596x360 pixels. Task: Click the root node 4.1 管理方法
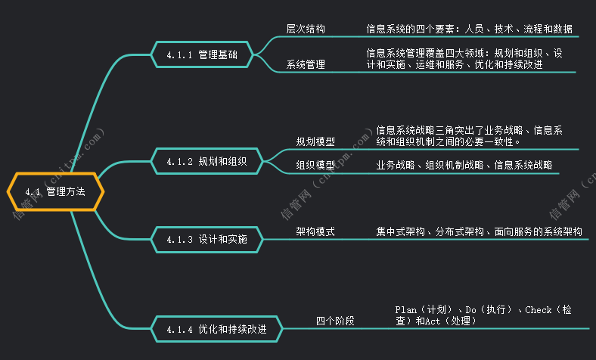click(54, 192)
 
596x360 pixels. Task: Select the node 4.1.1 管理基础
click(202, 55)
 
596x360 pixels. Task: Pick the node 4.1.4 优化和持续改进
click(216, 330)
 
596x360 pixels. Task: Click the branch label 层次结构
click(306, 29)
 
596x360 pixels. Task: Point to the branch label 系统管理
click(306, 65)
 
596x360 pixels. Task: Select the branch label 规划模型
click(315, 141)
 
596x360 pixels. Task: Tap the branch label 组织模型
click(315, 165)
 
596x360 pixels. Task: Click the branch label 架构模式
click(315, 231)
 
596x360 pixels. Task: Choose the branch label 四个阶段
click(335, 321)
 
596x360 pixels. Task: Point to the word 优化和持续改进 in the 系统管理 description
click(508, 65)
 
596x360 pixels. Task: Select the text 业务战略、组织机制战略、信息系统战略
click(464, 165)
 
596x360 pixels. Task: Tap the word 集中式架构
click(400, 231)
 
